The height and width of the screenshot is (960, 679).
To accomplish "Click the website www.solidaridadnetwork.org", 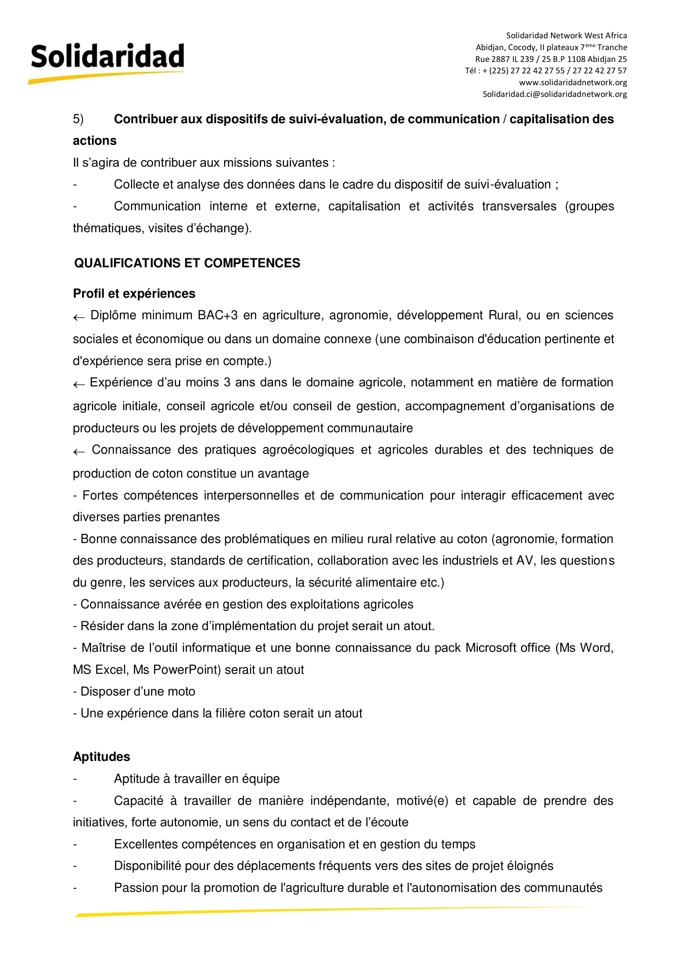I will [x=573, y=83].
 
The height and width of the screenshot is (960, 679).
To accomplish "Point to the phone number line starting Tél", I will [x=546, y=71].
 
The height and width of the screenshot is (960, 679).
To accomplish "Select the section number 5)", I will [x=78, y=119].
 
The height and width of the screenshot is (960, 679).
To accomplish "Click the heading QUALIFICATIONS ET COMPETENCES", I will [x=187, y=263].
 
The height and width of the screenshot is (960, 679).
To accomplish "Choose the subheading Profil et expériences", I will [x=134, y=294].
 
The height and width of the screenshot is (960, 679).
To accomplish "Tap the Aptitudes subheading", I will [x=101, y=756].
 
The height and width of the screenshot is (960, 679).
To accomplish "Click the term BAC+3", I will [x=218, y=315].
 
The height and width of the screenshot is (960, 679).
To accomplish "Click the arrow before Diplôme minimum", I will [x=78, y=318].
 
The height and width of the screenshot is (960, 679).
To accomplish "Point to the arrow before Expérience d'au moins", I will [x=78, y=385].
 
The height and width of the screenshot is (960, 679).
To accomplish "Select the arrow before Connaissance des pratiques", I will [x=78, y=452].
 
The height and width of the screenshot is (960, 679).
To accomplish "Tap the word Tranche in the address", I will [x=612, y=47].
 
